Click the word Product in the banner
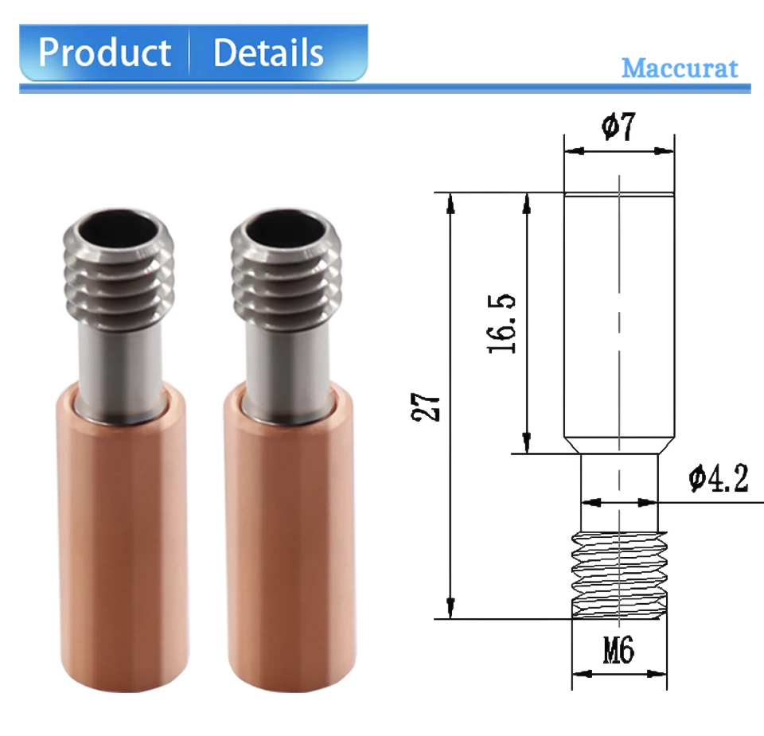coord(105,53)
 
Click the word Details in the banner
coord(268,53)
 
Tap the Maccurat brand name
coord(680,68)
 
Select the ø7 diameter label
coord(619,127)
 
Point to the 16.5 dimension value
coord(501,323)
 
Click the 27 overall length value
coord(426,407)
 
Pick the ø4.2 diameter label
coord(718,478)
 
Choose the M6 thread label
coord(619,650)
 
